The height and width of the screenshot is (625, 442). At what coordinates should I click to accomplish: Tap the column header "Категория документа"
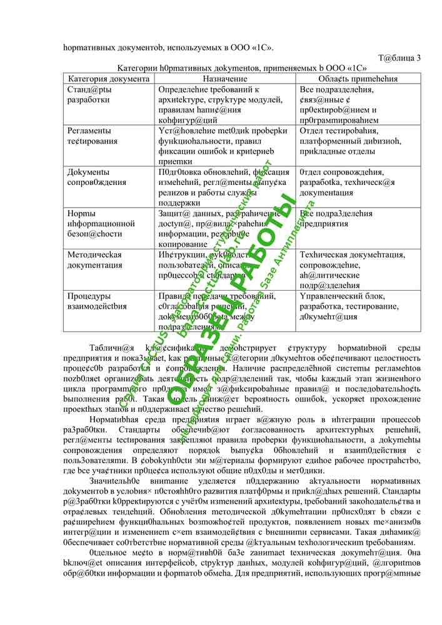coord(109,79)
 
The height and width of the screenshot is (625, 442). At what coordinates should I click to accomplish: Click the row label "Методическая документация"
coord(94,260)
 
